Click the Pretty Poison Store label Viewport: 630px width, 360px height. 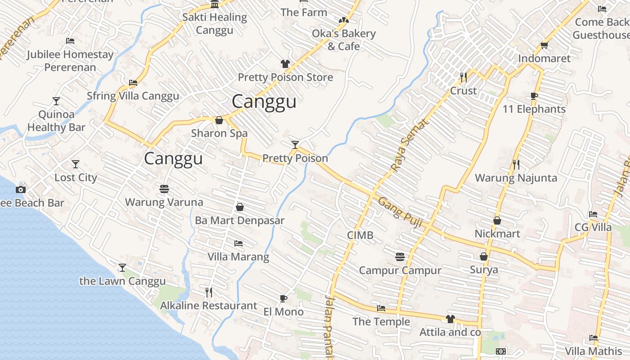click(x=285, y=77)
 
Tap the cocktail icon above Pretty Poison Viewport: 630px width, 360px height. click(x=295, y=144)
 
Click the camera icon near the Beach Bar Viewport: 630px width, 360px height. click(x=20, y=189)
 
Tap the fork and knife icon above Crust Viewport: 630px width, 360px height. click(x=463, y=77)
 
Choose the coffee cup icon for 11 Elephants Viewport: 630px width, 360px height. click(x=534, y=96)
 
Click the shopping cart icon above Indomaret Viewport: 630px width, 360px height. click(x=544, y=45)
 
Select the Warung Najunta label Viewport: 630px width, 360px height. click(x=516, y=178)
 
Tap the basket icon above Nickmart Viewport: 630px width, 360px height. click(x=497, y=220)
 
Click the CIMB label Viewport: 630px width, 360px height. click(x=360, y=235)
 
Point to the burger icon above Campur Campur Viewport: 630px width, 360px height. click(x=400, y=257)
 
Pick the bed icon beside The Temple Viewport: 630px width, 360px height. click(x=381, y=308)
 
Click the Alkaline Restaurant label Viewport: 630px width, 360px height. click(x=209, y=306)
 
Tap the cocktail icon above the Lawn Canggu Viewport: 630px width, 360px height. click(x=122, y=268)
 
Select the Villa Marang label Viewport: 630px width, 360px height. click(x=238, y=257)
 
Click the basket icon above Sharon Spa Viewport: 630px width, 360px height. click(x=219, y=120)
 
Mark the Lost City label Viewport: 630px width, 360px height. click(x=76, y=177)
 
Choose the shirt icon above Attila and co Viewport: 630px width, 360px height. click(x=450, y=319)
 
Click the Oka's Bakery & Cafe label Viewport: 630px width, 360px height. click(x=344, y=40)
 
